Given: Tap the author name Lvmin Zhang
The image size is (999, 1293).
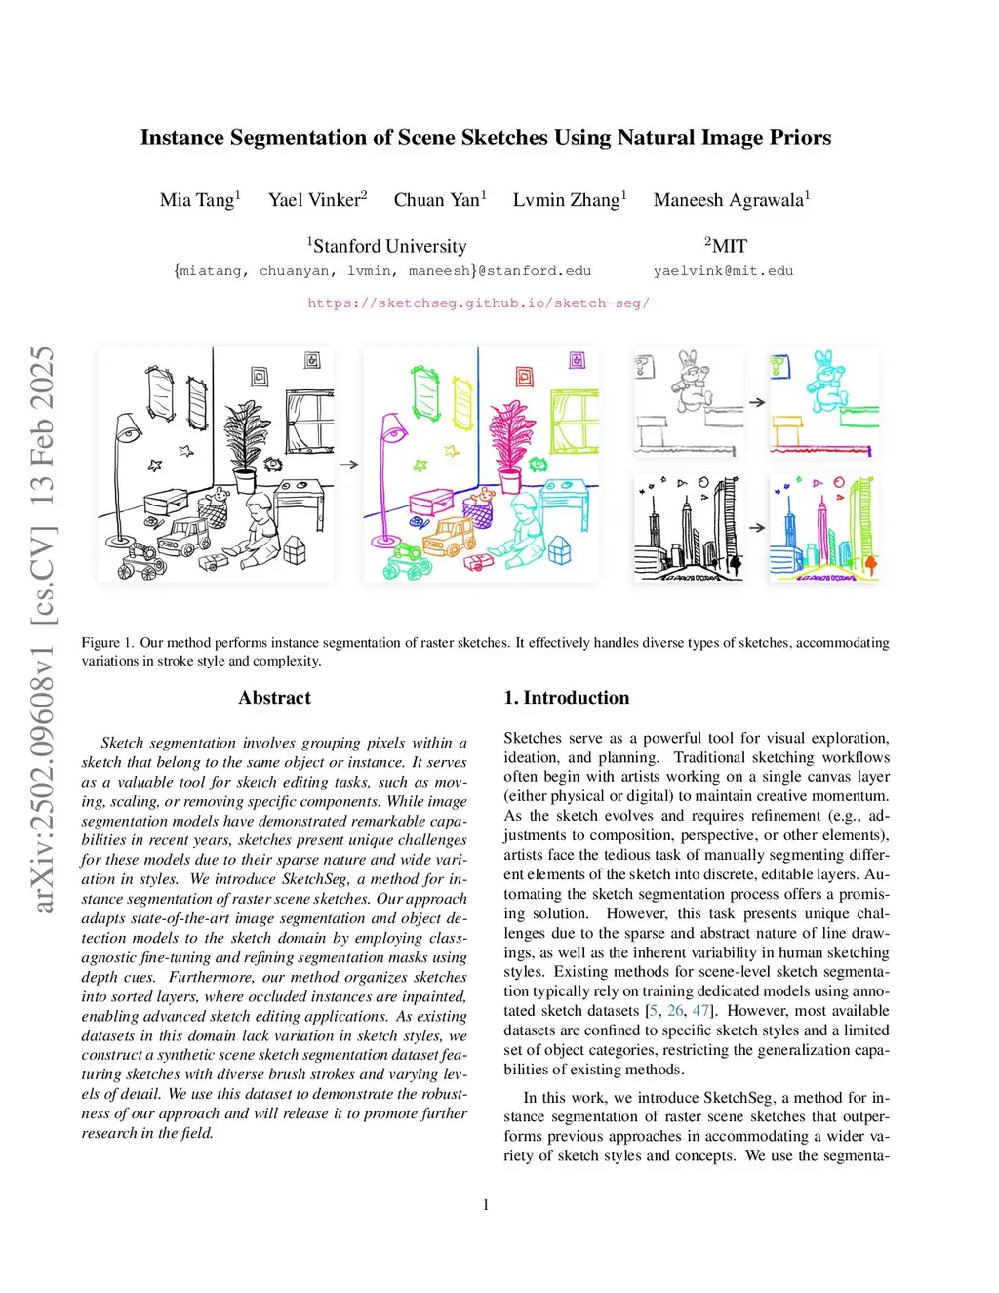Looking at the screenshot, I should coord(566,200).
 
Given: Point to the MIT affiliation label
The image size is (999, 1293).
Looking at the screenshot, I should coord(727,246).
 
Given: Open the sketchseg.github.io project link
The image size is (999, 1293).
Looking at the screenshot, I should coord(478,303).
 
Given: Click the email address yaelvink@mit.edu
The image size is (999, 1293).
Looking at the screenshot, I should coord(723,271).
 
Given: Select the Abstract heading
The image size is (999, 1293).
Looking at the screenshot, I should coord(274,698).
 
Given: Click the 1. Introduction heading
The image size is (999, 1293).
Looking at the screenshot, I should coord(567,698).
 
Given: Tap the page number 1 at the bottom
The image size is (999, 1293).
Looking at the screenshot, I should coord(486,1205).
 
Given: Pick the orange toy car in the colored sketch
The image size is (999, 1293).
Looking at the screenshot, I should coord(450,535).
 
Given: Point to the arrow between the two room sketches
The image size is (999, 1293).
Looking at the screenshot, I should coord(348,465).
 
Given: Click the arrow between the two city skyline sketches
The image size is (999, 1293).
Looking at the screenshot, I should coord(757,528).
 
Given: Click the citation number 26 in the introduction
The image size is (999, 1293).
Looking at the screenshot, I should coord(675,1011).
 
